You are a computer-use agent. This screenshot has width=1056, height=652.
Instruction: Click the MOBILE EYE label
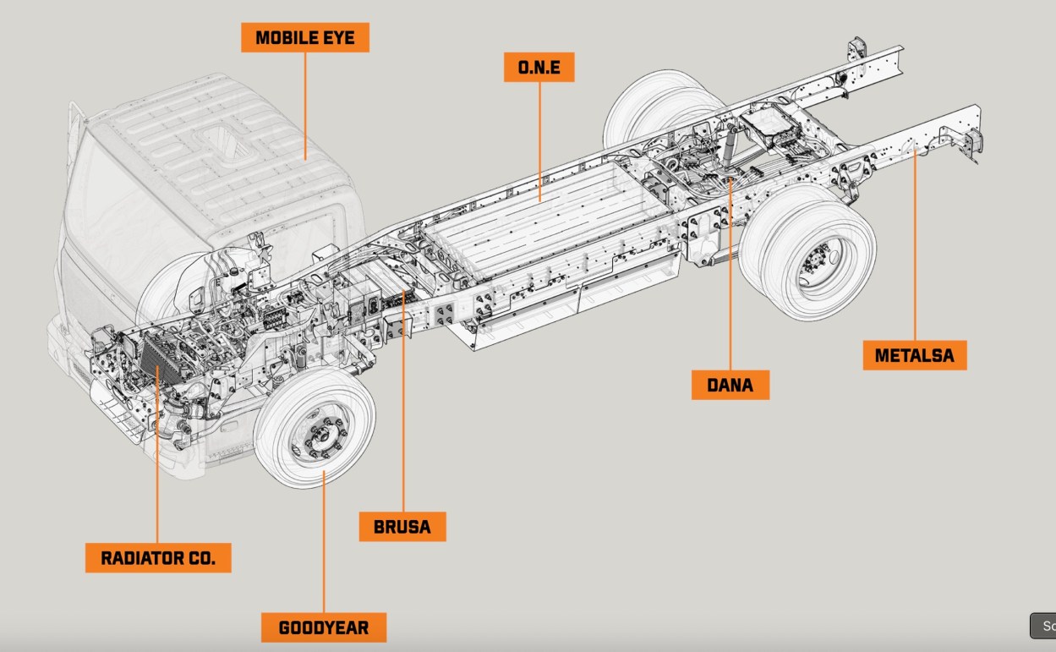[304, 38]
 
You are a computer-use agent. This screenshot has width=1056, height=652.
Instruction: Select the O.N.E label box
[539, 68]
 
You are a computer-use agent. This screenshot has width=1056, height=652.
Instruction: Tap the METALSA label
[914, 355]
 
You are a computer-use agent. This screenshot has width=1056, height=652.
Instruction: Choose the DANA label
[730, 385]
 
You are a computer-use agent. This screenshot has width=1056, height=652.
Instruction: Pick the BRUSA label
[402, 527]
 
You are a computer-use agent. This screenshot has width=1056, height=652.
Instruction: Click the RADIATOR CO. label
[158, 558]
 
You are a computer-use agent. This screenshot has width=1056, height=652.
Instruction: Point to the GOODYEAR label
[323, 627]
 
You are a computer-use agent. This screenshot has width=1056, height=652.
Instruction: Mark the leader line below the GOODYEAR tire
[323, 550]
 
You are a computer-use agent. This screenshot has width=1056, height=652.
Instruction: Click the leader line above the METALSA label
[915, 254]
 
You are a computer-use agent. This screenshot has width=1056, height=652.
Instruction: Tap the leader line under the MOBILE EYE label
[304, 101]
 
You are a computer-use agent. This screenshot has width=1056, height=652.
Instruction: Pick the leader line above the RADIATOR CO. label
[157, 474]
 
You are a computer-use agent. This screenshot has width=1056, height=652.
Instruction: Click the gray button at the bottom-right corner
[1043, 626]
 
